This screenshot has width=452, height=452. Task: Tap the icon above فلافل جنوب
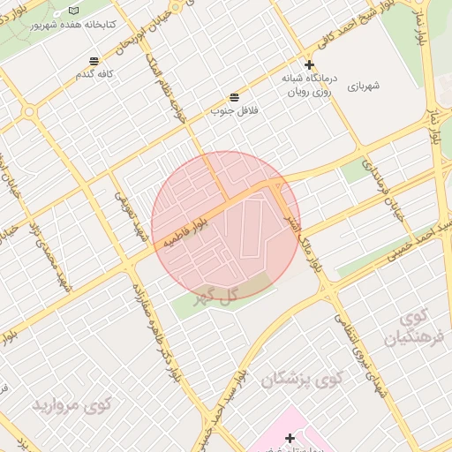[234, 97]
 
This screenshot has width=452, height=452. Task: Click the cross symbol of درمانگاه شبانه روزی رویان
[309, 64]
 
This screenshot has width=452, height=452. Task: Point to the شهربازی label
[362, 87]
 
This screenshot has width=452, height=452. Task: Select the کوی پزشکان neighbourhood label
[300, 380]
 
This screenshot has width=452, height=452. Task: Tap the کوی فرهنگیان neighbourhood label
[411, 327]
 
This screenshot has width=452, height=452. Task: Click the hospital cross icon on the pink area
[290, 438]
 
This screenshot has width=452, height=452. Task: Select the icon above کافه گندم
[94, 61]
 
